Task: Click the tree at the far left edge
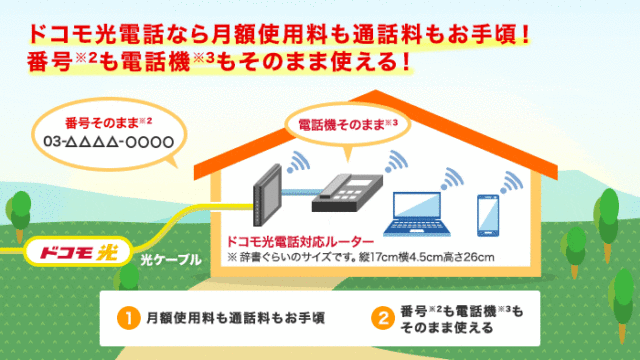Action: (12, 206)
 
